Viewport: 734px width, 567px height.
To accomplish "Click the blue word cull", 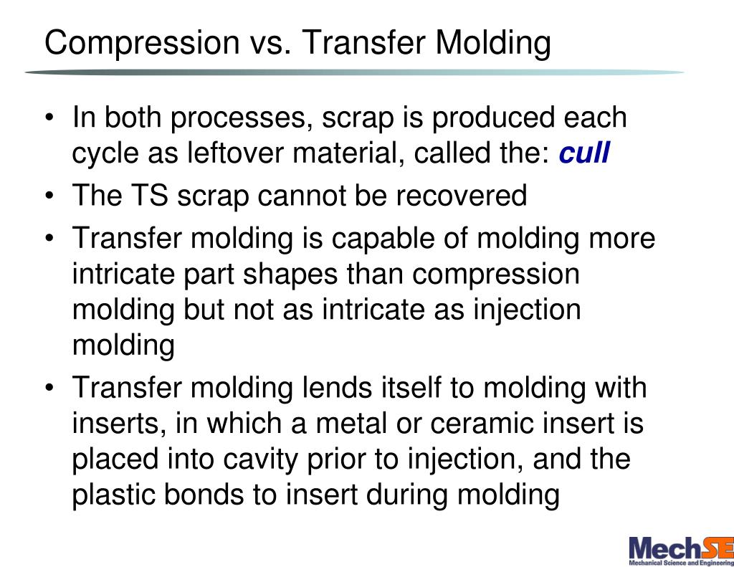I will click(584, 153).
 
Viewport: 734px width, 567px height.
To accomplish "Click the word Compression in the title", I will click(140, 43).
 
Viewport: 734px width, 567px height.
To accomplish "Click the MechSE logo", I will click(680, 550).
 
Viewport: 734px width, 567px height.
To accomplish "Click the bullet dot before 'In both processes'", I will click(49, 118).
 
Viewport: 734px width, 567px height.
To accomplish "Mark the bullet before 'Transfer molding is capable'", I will click(49, 239).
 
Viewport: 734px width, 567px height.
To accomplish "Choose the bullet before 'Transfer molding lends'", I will click(49, 389).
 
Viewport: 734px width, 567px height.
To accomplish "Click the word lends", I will click(335, 388).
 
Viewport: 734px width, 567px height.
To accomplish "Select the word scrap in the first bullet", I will click(355, 118).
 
